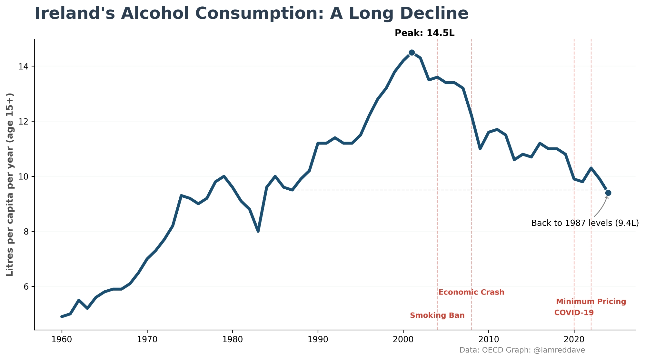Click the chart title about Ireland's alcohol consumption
[251, 14]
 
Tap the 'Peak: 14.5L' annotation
[424, 33]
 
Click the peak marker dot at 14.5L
[412, 53]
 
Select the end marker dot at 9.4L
[608, 193]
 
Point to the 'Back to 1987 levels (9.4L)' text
[585, 223]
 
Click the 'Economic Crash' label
[471, 292]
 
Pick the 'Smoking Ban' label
[437, 315]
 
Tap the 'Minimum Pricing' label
[591, 302]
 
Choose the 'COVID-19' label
[574, 313]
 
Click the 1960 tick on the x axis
[62, 339]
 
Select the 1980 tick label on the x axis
[233, 339]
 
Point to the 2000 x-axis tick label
[403, 339]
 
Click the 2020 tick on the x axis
[574, 339]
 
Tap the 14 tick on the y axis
[24, 66]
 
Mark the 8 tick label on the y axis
[26, 232]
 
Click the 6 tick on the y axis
[26, 287]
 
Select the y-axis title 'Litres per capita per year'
[10, 185]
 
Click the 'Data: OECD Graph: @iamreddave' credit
[522, 350]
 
